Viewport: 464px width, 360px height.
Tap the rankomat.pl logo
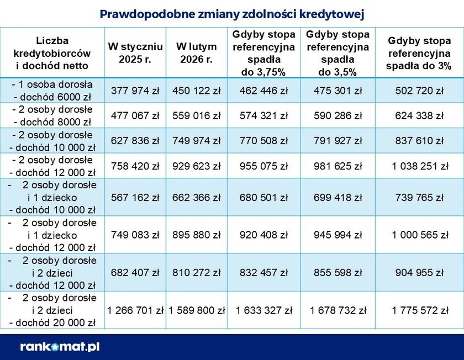point(60,347)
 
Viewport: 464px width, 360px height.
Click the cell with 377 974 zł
point(135,91)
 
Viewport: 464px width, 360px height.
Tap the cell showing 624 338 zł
point(419,116)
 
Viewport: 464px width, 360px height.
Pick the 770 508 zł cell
point(263,141)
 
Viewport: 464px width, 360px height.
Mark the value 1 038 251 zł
point(419,166)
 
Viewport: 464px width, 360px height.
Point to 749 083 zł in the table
point(135,235)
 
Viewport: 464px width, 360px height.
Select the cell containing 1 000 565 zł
point(419,235)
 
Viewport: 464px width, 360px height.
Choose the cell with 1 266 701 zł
point(135,310)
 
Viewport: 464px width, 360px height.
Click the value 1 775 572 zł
point(419,310)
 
